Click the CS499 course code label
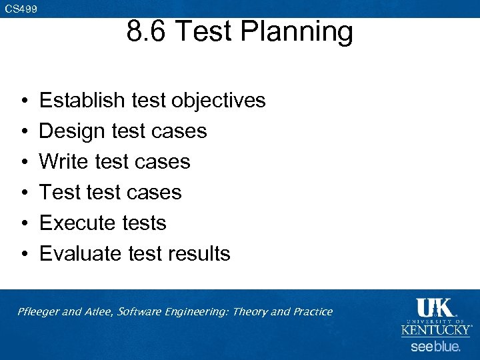point(21,9)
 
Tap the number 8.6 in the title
point(147,32)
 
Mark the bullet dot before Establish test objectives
point(23,101)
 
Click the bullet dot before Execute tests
point(23,224)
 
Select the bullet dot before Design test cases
point(23,132)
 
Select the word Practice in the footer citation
point(311,311)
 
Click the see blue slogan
point(435,347)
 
